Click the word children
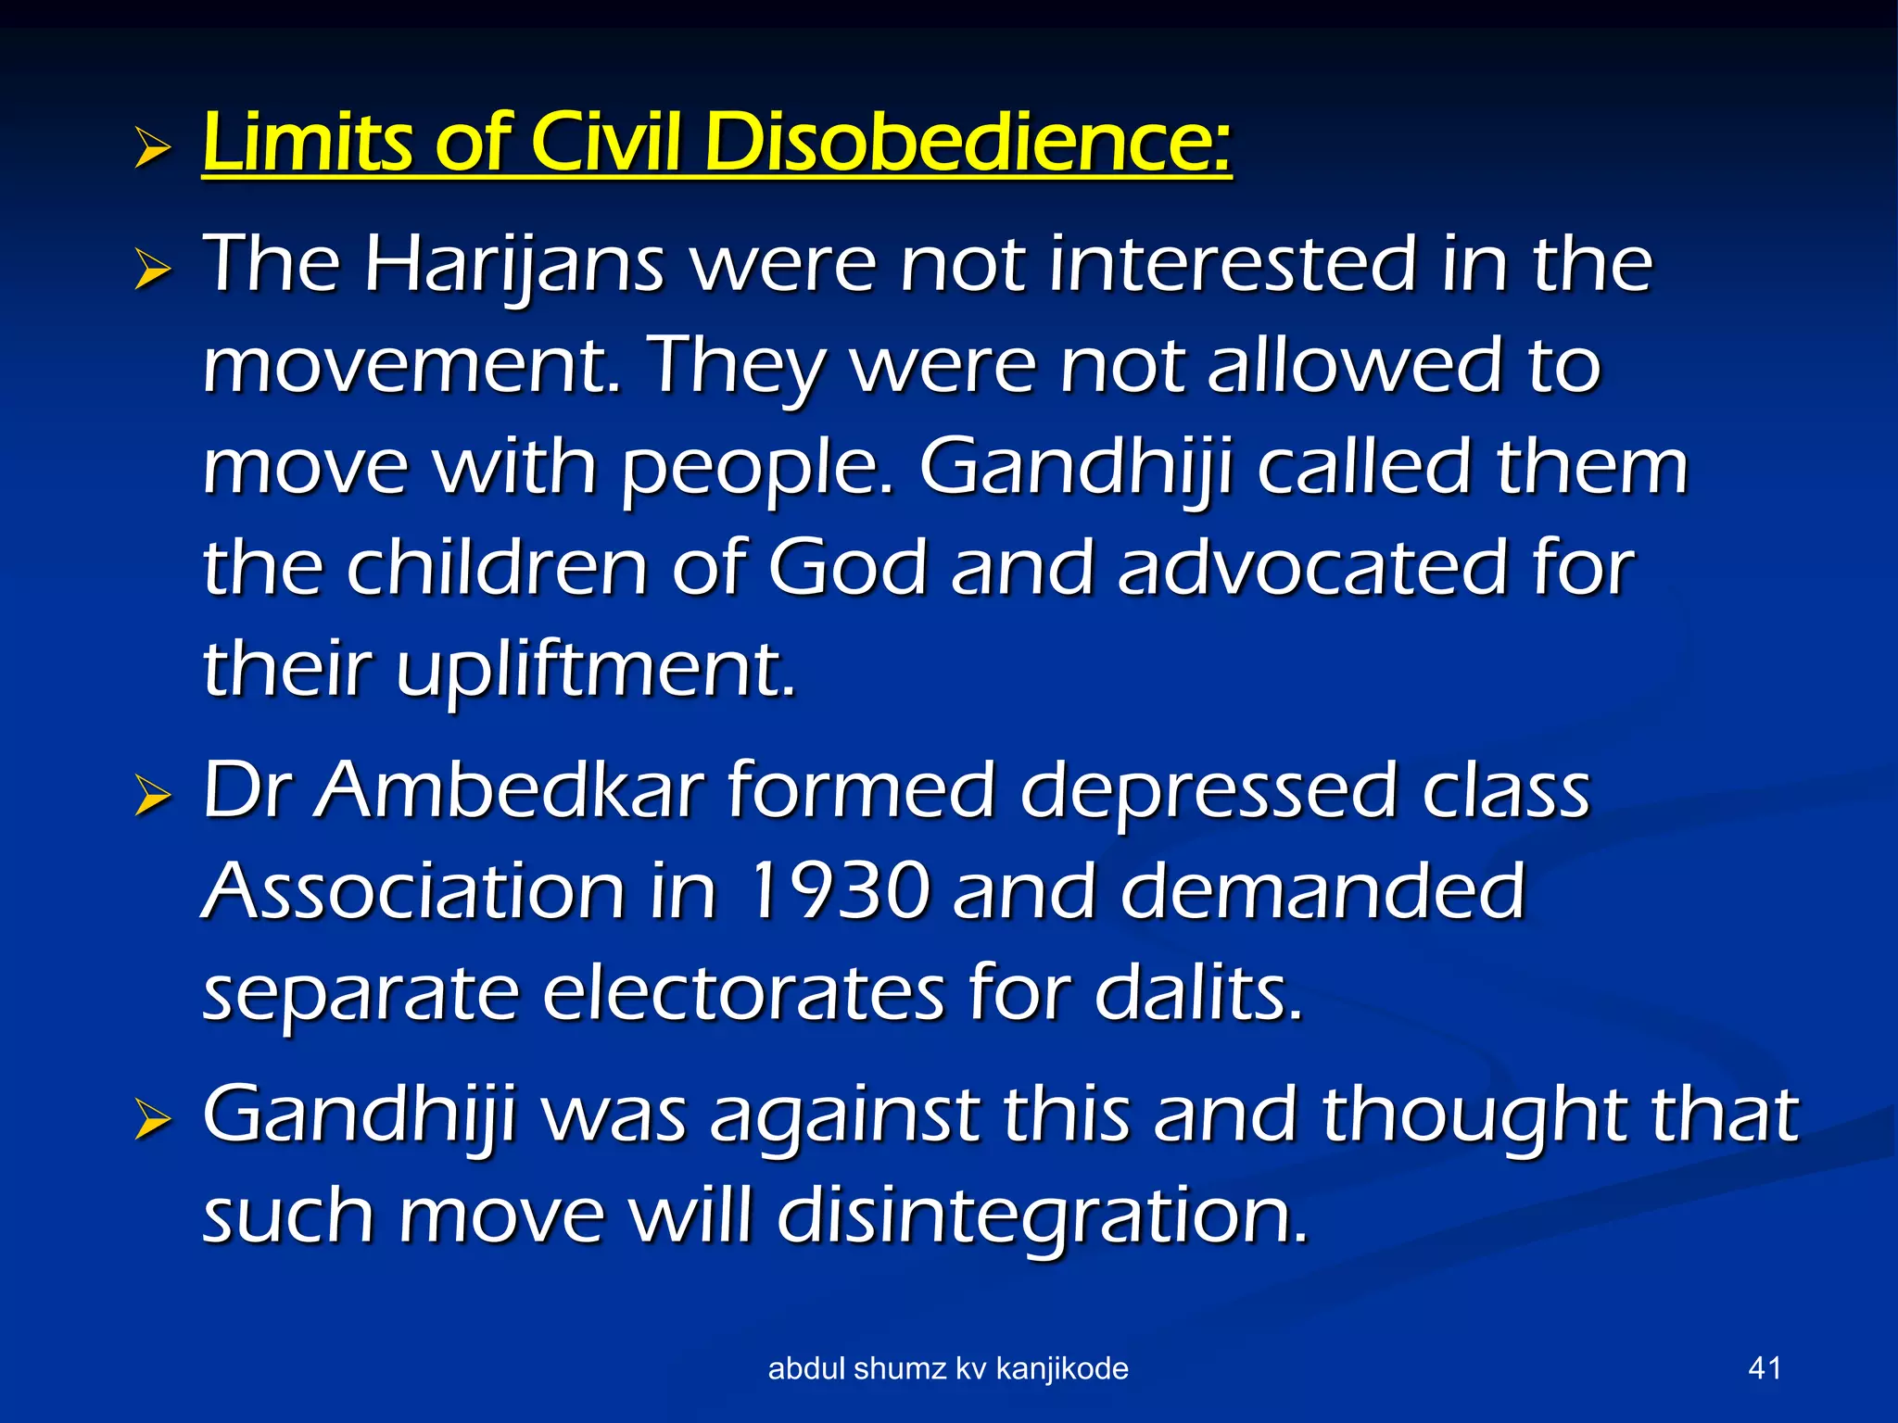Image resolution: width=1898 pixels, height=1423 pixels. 497,567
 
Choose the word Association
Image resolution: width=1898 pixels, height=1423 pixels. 413,891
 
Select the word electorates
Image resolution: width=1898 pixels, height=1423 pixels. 742,993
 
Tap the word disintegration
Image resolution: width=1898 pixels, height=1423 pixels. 1043,1215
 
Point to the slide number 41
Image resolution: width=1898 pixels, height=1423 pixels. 1764,1368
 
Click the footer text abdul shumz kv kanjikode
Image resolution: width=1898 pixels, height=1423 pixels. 948,1368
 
